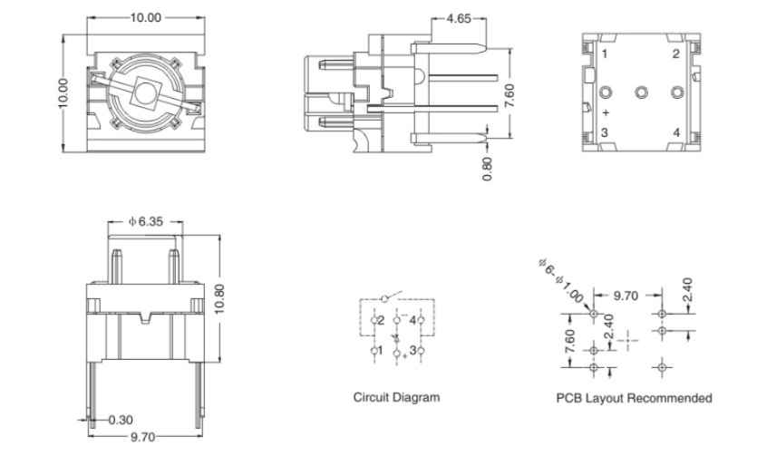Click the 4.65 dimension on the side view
[x=458, y=19]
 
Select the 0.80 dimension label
[x=488, y=170]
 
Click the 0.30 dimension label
[x=121, y=420]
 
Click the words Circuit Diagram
[x=396, y=397]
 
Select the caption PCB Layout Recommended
[x=634, y=398]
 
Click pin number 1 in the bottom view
[x=604, y=54]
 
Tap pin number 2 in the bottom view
[x=675, y=53]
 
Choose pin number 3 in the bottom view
[x=604, y=133]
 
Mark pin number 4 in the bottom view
[x=675, y=133]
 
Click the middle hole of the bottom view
[x=641, y=92]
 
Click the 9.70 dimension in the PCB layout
[x=626, y=296]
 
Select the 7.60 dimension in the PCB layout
[x=569, y=341]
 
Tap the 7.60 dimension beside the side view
[x=510, y=94]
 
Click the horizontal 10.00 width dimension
[x=144, y=18]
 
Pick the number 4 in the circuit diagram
[x=413, y=320]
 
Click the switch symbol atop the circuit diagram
[x=387, y=297]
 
